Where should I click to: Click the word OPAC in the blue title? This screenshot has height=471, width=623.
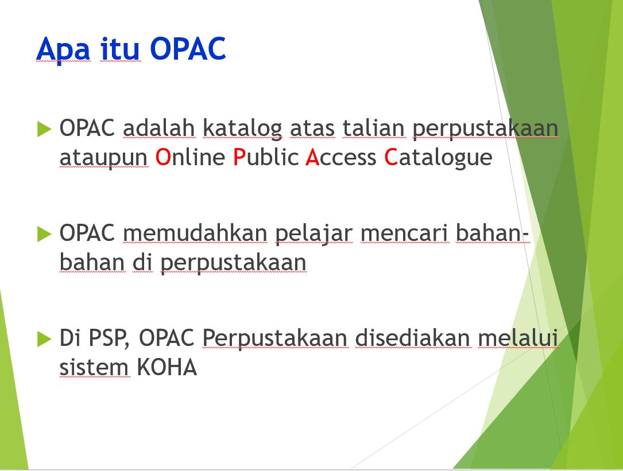[188, 49]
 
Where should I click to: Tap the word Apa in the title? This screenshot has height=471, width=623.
[63, 50]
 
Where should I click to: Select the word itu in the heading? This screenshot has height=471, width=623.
[120, 49]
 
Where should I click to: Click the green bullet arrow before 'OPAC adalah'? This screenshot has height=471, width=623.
[44, 129]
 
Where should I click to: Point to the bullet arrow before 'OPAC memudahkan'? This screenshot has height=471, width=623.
[44, 233]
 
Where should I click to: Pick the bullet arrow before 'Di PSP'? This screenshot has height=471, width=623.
[44, 338]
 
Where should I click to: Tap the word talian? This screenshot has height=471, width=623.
[374, 128]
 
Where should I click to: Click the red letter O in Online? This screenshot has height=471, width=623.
[163, 157]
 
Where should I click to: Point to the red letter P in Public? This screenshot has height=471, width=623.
[239, 157]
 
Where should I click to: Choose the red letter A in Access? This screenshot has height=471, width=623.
[313, 157]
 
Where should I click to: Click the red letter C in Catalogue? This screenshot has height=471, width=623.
[391, 157]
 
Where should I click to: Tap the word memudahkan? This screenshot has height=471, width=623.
[195, 233]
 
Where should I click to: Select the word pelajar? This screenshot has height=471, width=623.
[314, 234]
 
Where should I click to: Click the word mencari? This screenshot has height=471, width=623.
[405, 233]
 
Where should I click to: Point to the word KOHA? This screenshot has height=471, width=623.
[167, 367]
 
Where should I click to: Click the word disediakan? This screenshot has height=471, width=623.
[412, 338]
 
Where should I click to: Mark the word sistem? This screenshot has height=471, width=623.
[94, 367]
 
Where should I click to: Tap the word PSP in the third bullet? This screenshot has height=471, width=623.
[109, 338]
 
